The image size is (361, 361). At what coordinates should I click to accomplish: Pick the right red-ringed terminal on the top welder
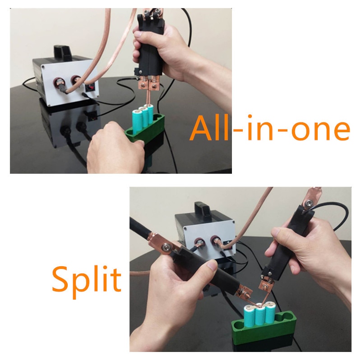point(76,81)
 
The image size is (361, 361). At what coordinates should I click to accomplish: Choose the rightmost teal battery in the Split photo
point(271,314)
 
